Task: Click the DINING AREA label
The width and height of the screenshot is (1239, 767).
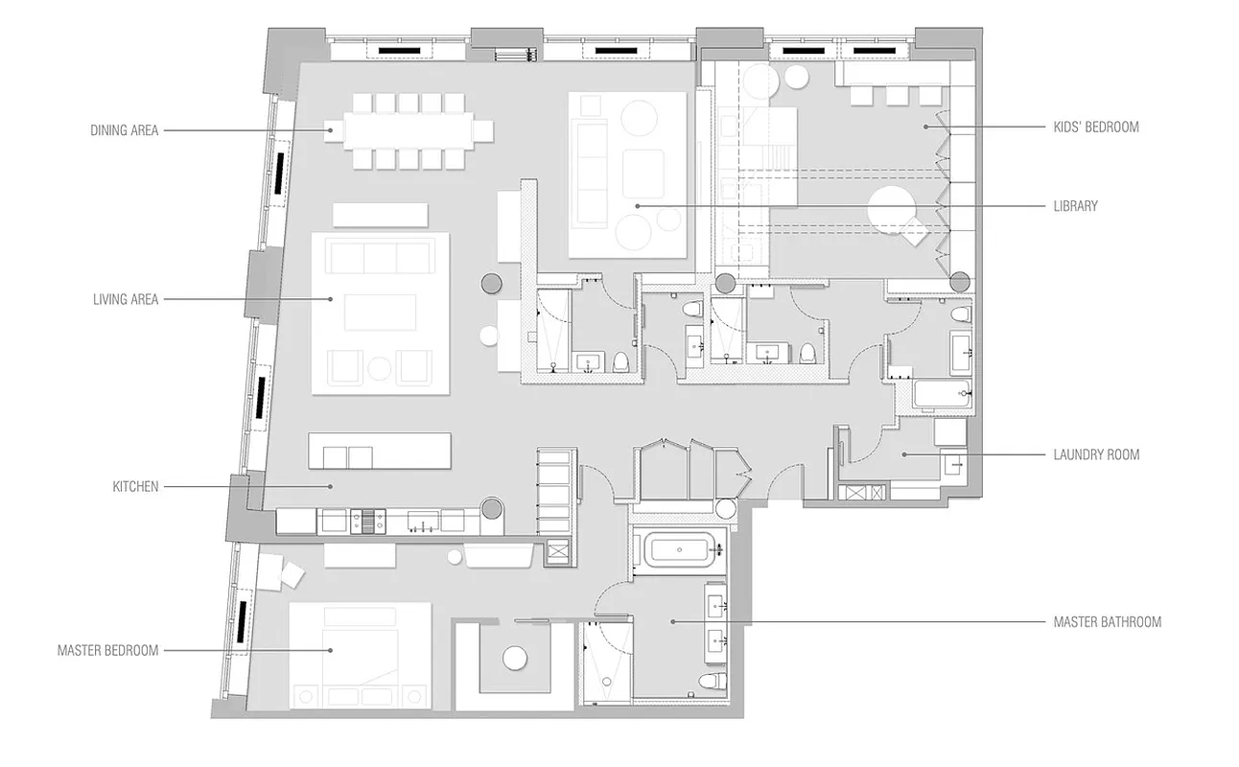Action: (x=125, y=130)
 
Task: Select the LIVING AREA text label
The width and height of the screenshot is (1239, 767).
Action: (x=126, y=299)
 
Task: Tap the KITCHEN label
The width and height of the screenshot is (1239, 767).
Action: (x=135, y=487)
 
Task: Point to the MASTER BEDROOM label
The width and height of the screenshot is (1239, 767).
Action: (x=107, y=651)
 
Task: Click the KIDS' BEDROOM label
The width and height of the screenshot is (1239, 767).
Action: (x=1095, y=127)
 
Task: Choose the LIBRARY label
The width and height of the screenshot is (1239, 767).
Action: (x=1075, y=206)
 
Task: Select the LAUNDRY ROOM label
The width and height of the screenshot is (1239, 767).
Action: (x=1096, y=454)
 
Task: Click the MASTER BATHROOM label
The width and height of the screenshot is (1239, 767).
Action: (x=1107, y=622)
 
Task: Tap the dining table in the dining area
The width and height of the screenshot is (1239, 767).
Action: (x=409, y=130)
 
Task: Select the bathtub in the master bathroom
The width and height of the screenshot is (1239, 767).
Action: (x=679, y=550)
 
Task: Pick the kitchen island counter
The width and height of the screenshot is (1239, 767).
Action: (x=379, y=451)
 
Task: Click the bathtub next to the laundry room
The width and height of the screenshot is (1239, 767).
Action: (x=942, y=394)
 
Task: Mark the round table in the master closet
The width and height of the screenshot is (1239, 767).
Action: (x=516, y=659)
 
